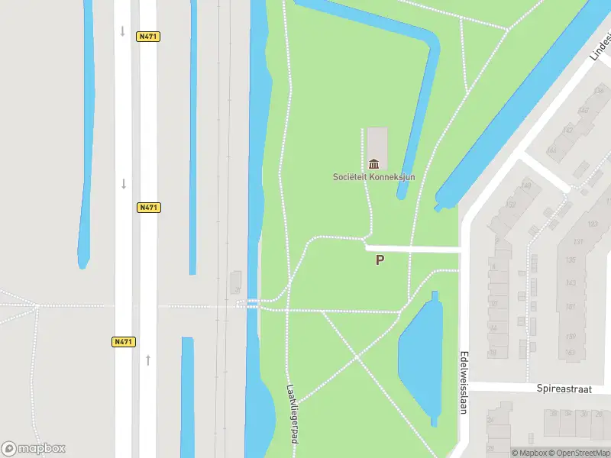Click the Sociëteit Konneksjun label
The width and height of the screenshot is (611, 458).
[x=373, y=177]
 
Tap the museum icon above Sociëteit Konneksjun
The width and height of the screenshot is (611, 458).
[x=373, y=164]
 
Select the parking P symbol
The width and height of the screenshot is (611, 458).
[x=380, y=260]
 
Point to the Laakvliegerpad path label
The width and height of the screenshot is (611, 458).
[x=293, y=412]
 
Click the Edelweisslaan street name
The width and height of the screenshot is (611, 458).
[x=463, y=382]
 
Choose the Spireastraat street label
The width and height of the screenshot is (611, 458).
[x=564, y=389]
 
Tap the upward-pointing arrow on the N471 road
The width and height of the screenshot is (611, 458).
[x=148, y=359]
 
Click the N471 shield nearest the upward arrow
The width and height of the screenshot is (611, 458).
[x=124, y=342]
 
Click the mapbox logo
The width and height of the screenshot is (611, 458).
[x=34, y=449]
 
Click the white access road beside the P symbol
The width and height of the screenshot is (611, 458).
[x=412, y=249]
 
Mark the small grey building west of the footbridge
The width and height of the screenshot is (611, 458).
[x=236, y=282]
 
